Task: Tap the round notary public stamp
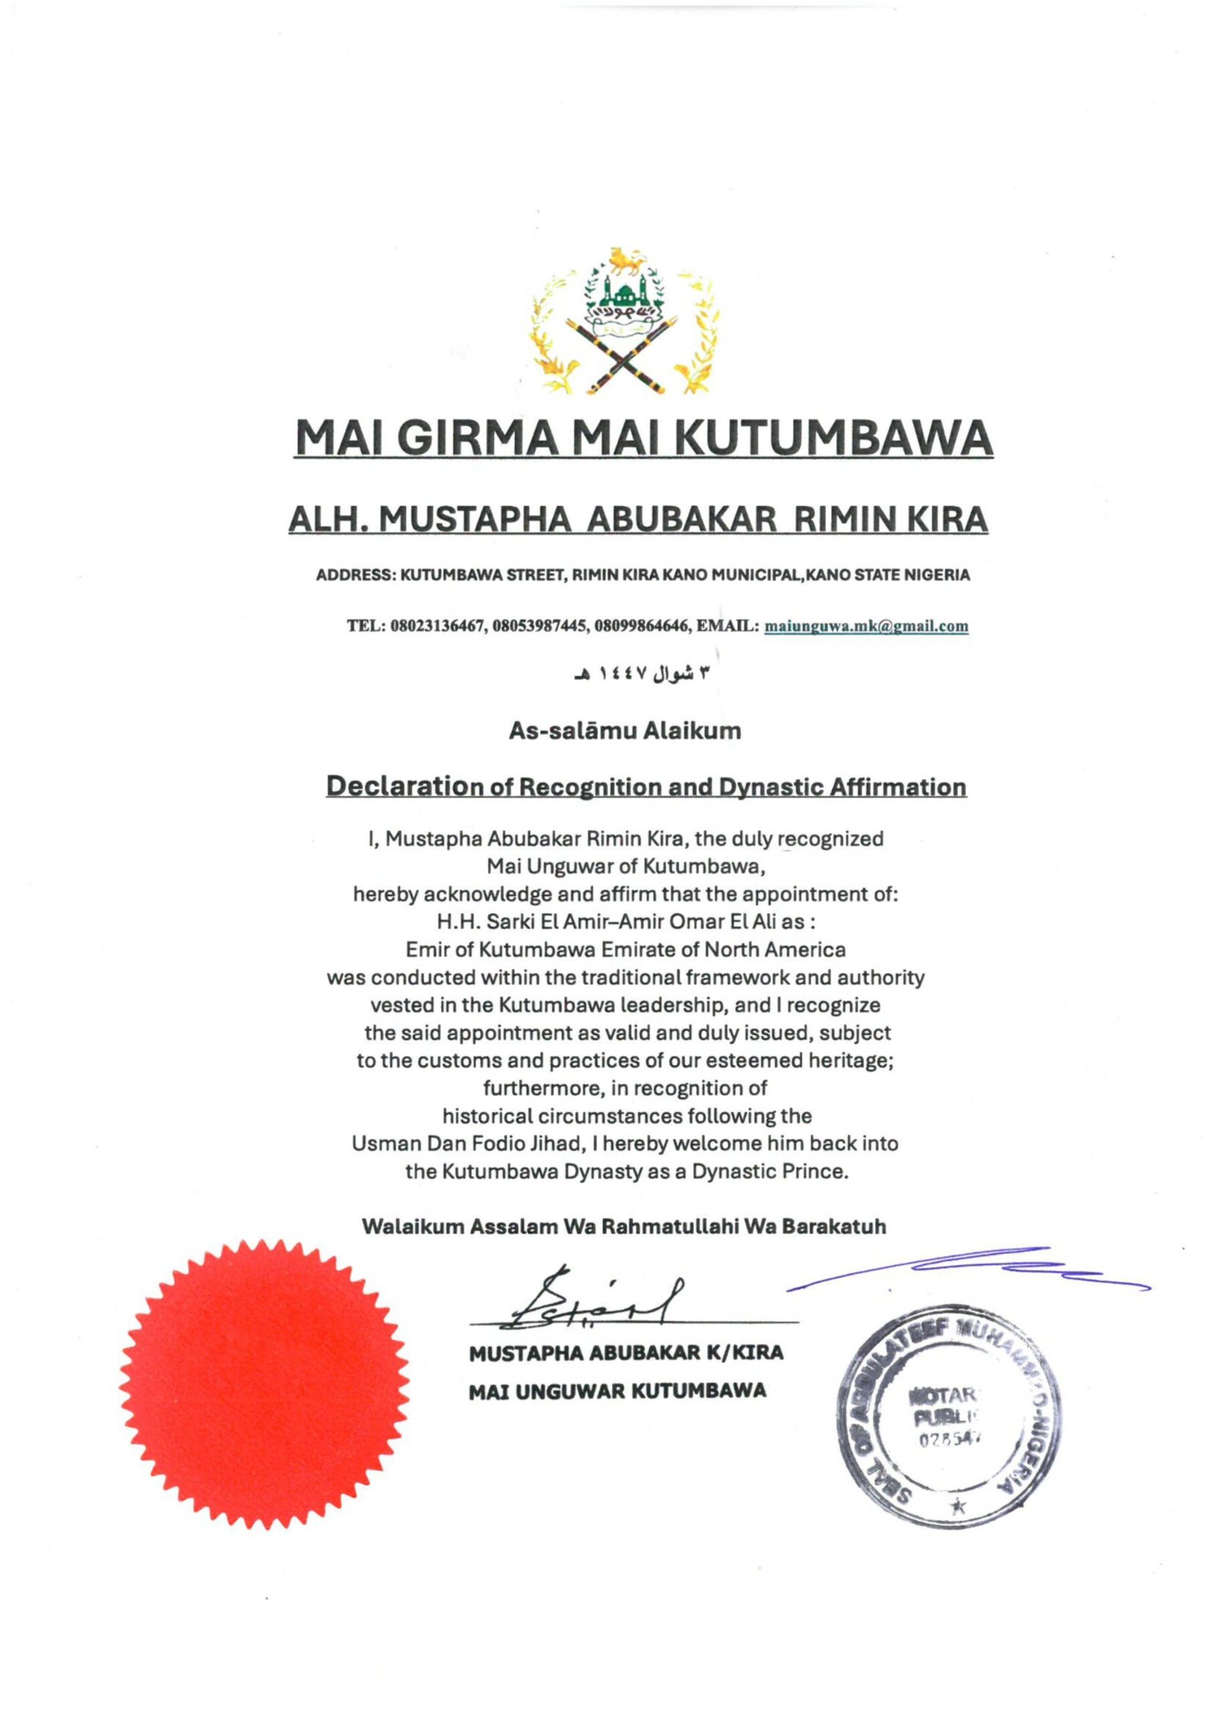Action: pyautogui.click(x=947, y=1415)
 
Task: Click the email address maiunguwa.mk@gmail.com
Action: pyautogui.click(x=866, y=626)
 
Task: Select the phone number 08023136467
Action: pyautogui.click(x=437, y=626)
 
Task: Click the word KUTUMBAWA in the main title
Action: pyautogui.click(x=831, y=438)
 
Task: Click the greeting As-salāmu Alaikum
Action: pyautogui.click(x=625, y=731)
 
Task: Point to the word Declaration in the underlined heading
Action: pyautogui.click(x=405, y=787)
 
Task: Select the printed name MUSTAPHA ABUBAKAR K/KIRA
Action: pyautogui.click(x=626, y=1353)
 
